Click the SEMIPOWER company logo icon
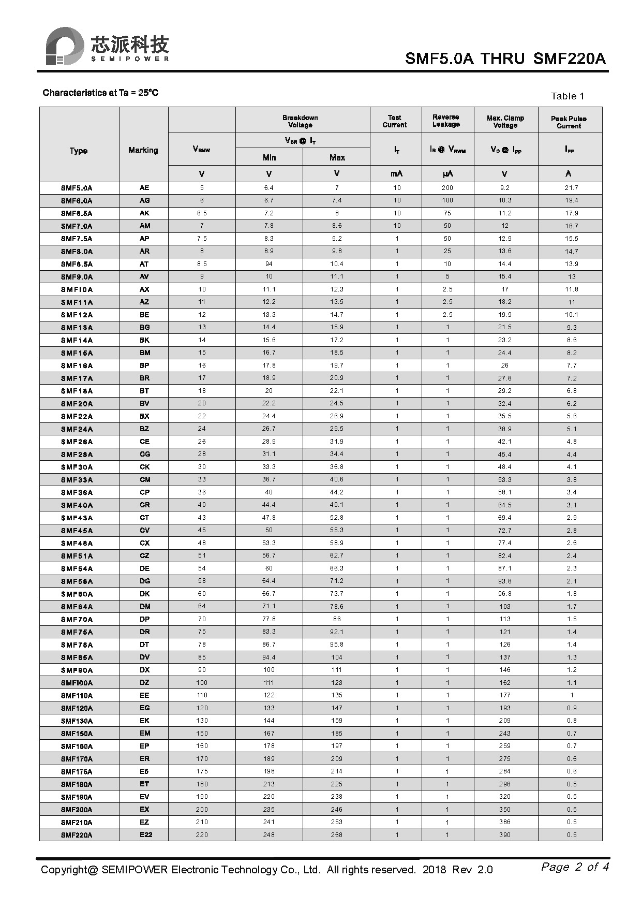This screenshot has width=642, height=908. pyautogui.click(x=64, y=46)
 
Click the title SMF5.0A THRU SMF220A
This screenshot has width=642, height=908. pyautogui.click(x=504, y=58)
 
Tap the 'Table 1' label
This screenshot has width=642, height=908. pyautogui.click(x=567, y=96)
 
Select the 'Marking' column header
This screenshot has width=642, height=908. pyautogui.click(x=143, y=150)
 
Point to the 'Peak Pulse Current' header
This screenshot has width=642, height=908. pyautogui.click(x=569, y=122)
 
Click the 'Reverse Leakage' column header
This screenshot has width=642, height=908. pyautogui.click(x=446, y=121)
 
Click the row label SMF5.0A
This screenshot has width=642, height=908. pyautogui.click(x=77, y=188)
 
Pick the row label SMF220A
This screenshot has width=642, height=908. pyautogui.click(x=77, y=835)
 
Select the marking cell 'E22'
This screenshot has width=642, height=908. pyautogui.click(x=145, y=834)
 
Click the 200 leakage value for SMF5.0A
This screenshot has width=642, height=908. pyautogui.click(x=447, y=188)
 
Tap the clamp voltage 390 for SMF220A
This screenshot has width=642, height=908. pyautogui.click(x=504, y=835)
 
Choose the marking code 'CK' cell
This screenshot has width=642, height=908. pyautogui.click(x=144, y=467)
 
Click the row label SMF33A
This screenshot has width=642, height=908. pyautogui.click(x=77, y=480)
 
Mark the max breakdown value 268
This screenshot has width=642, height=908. pyautogui.click(x=336, y=835)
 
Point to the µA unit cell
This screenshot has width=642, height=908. pyautogui.click(x=447, y=174)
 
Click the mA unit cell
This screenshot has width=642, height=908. pyautogui.click(x=396, y=174)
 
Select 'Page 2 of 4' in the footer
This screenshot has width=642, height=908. pyautogui.click(x=575, y=867)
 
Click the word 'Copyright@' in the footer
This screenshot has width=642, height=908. pyautogui.click(x=69, y=870)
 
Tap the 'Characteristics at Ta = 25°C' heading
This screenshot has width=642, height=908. pyautogui.click(x=100, y=93)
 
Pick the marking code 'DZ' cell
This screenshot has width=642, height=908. pyautogui.click(x=144, y=683)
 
